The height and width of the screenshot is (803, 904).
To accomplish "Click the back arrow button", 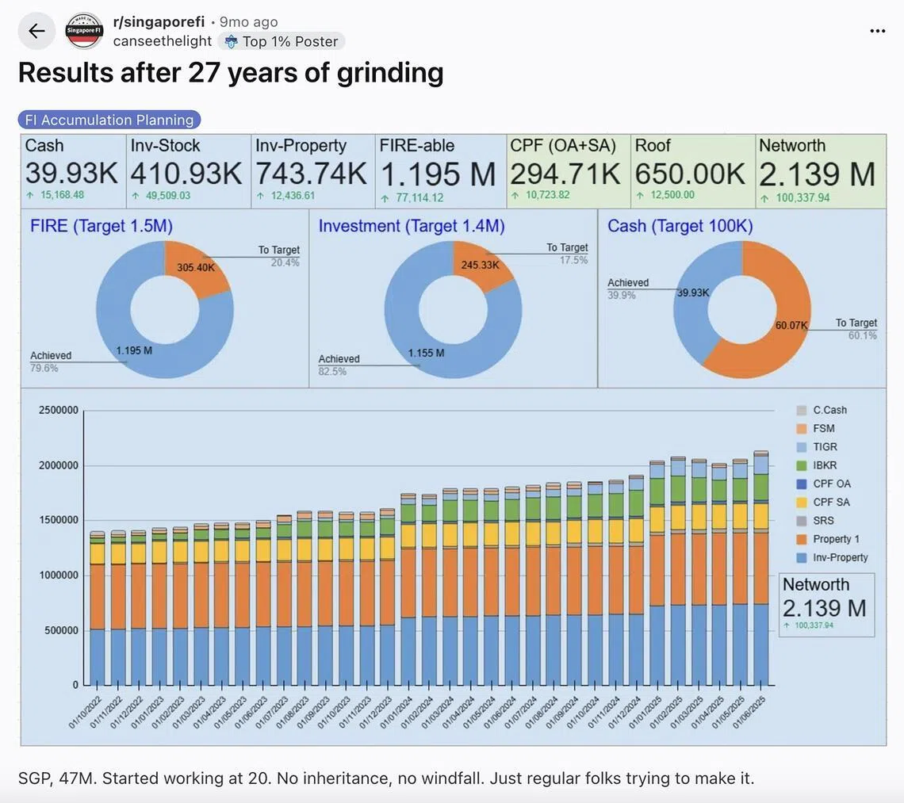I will tap(36, 31).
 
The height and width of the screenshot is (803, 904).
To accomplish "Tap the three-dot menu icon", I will tap(877, 31).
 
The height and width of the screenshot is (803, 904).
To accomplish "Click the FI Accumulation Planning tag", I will tap(109, 120).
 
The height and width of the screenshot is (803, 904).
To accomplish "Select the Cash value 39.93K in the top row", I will tap(71, 173).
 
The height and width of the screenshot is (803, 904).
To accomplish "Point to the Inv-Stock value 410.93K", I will tap(186, 173).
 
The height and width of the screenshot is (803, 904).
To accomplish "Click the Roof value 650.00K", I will tap(690, 173).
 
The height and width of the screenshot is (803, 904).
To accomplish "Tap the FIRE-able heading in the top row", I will tap(417, 146).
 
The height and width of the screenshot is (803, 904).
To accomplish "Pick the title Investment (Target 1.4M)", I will tap(412, 226).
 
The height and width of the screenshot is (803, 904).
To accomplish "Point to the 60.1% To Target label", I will tap(862, 335).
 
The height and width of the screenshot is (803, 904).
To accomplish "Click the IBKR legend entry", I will tap(824, 465).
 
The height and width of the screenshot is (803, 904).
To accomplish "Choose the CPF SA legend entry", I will tap(830, 502).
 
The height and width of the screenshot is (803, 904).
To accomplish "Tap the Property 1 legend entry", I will tap(835, 539).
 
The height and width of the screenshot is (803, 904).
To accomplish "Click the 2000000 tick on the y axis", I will tap(59, 465).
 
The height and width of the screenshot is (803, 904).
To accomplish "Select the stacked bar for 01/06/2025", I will tap(760, 571).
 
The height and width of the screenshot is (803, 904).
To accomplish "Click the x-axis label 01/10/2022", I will tap(84, 712).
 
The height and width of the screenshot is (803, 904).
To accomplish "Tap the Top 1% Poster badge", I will tap(282, 41).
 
